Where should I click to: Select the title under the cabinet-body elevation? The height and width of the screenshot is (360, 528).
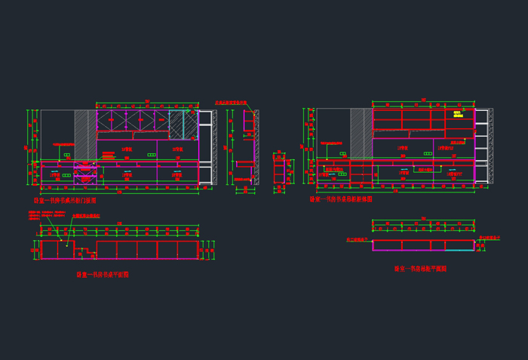click(341, 200)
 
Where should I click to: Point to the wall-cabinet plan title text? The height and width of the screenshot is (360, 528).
click(420, 269)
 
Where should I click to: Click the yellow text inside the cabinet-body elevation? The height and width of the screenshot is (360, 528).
click(457, 115)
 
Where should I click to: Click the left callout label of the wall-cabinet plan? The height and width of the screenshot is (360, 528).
click(358, 238)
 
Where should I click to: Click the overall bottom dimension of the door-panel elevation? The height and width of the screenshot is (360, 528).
click(121, 193)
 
